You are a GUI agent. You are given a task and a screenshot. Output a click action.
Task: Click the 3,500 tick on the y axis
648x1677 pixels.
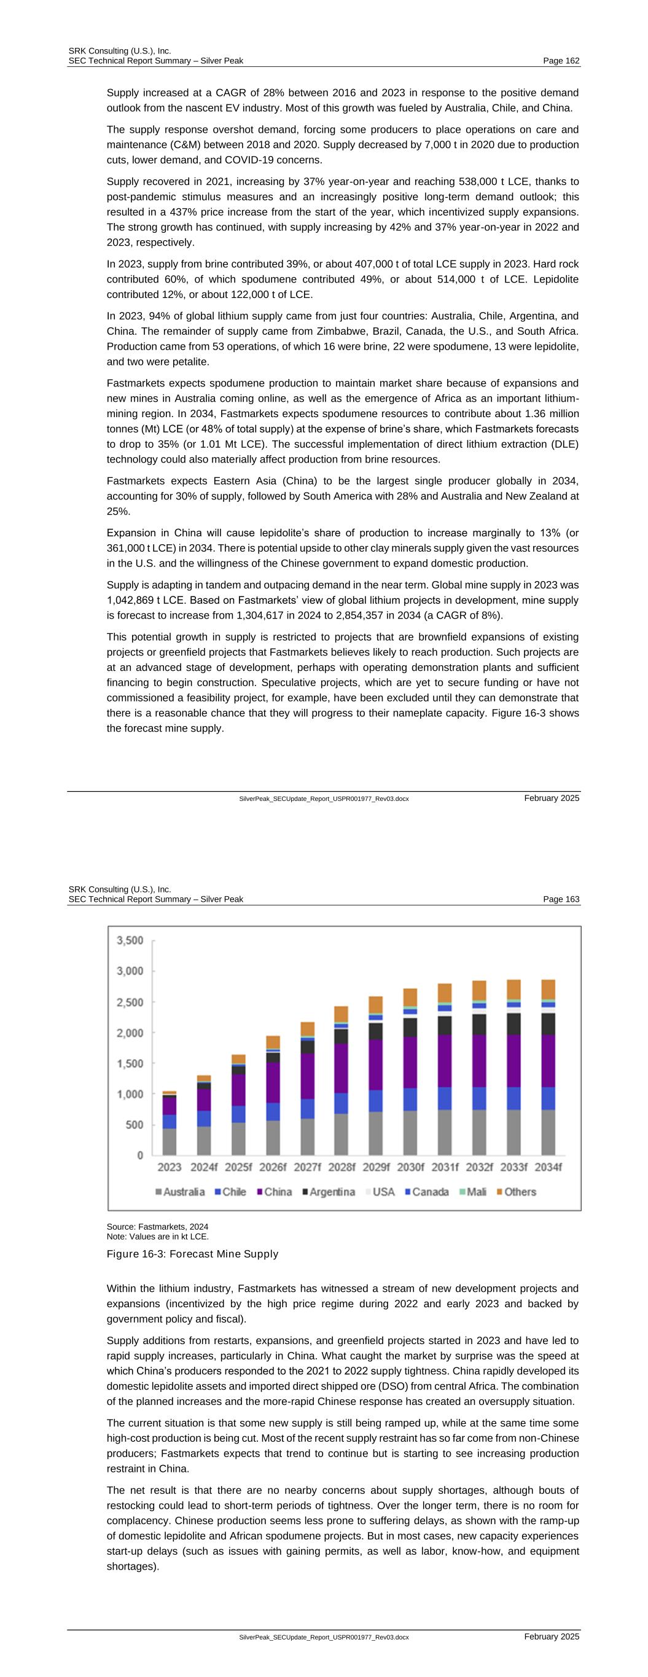click(x=130, y=940)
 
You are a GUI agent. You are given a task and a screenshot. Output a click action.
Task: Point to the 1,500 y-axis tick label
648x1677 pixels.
click(x=130, y=1063)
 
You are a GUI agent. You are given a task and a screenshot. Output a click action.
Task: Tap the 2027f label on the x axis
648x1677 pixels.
click(x=306, y=1167)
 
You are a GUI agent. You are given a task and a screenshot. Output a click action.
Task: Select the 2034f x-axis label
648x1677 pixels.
click(x=548, y=1167)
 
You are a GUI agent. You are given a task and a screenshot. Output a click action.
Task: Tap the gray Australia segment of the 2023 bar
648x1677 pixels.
click(x=170, y=1142)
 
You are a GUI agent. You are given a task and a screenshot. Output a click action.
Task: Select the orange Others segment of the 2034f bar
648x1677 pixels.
click(x=548, y=989)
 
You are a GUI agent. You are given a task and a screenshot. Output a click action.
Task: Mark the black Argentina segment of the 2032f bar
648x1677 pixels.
click(x=478, y=1024)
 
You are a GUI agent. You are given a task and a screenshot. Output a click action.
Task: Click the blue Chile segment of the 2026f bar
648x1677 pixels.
click(x=272, y=1111)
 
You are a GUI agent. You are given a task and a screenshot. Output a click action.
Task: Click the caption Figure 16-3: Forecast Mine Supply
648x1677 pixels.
click(x=192, y=1254)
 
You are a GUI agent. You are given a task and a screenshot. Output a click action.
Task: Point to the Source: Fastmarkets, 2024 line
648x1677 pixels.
click(x=157, y=1227)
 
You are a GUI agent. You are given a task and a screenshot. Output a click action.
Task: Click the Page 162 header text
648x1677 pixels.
click(x=561, y=61)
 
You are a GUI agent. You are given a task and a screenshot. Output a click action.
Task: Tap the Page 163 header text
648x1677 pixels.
click(x=561, y=899)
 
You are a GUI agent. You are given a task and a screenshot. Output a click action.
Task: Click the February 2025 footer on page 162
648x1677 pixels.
click(x=551, y=798)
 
